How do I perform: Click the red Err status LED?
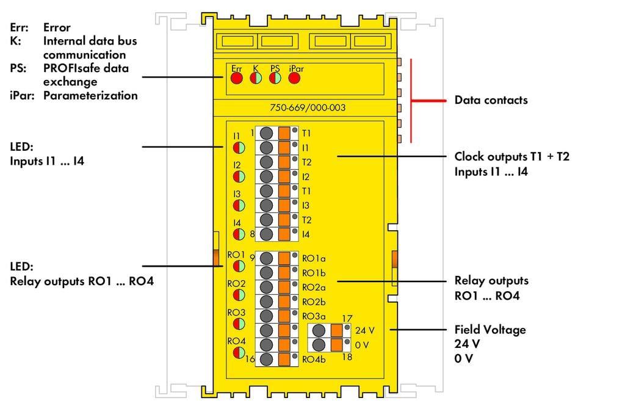coord(237,78)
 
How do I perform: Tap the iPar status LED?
coord(294,78)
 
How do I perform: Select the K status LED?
coord(256,78)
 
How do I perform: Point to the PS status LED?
coord(275,78)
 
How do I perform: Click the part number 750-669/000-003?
coord(308,107)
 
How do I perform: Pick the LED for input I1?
coord(239,148)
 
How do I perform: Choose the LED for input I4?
coord(239,234)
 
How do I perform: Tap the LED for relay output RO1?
coord(239,266)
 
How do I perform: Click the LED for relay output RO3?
coord(239,324)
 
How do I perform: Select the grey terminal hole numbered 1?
coord(266,133)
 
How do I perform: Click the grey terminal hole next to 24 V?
coord(319,330)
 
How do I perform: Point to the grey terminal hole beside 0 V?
coord(319,345)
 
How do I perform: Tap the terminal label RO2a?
coord(314,288)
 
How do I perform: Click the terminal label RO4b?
coord(314,359)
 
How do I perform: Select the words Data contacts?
coord(491,100)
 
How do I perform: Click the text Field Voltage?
coord(490,330)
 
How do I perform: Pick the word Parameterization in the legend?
coord(90,96)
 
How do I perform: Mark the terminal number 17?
coord(347,319)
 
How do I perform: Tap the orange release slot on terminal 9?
coord(284,258)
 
